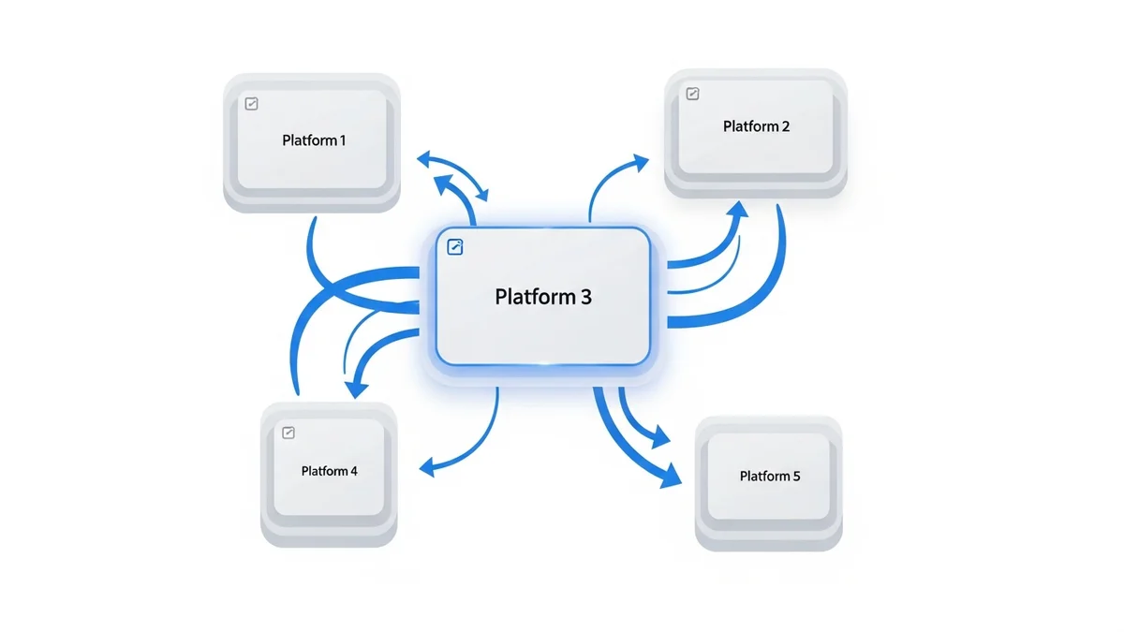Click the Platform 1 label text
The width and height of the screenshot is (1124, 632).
tap(314, 140)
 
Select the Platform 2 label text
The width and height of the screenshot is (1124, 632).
tap(756, 126)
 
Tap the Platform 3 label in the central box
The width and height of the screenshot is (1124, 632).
tap(543, 297)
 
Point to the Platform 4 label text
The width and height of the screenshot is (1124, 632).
tap(329, 471)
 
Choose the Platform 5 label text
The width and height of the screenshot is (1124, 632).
tap(770, 476)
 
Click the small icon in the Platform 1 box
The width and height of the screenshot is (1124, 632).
tap(251, 104)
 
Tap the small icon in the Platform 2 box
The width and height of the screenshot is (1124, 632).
tap(692, 93)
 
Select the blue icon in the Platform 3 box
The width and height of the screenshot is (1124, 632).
tap(456, 247)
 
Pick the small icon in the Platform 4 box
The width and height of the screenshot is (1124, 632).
tap(288, 433)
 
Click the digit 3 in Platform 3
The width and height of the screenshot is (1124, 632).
tap(585, 297)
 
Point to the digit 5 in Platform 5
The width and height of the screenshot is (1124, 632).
tap(796, 476)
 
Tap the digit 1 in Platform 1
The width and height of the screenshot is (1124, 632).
tap(342, 140)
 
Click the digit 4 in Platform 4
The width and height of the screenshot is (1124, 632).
tap(354, 471)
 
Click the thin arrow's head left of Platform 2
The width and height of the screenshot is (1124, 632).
tap(641, 163)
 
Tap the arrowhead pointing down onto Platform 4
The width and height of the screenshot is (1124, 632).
tap(354, 389)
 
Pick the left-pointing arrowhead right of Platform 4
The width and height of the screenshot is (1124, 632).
tap(427, 465)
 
